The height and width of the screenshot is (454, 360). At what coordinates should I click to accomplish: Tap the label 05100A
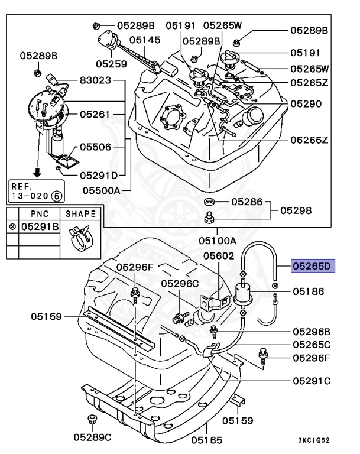pos(217,241)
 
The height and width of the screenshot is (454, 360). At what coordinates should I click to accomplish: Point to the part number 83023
pos(95,80)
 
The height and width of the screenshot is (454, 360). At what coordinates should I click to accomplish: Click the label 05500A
pos(101,190)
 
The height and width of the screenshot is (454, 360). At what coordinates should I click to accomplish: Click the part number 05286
pos(247,202)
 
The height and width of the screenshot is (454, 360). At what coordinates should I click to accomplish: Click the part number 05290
pos(306,103)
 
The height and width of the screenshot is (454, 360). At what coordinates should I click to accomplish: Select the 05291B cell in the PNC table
pos(40,226)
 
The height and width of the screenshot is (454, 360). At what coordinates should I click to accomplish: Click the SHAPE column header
pos(80,213)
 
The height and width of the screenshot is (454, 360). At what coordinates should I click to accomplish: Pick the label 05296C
pos(180,284)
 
